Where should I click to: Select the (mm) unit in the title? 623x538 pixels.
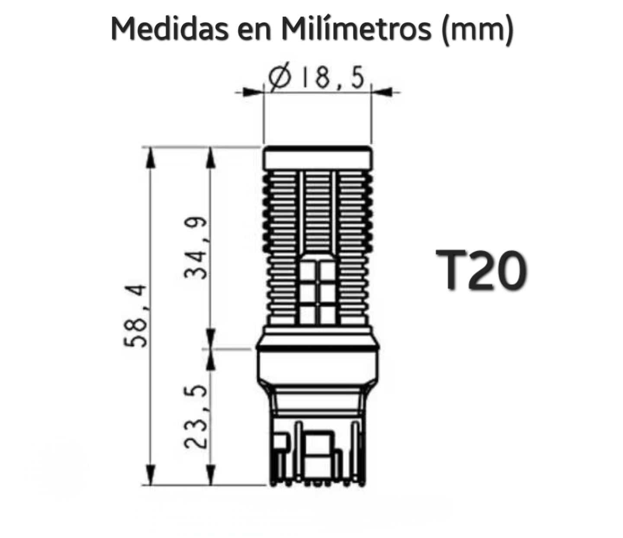pyautogui.click(x=476, y=30)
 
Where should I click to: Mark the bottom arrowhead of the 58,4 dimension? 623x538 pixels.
pyautogui.click(x=150, y=476)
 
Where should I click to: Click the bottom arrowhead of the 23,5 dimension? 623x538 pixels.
pyautogui.click(x=211, y=476)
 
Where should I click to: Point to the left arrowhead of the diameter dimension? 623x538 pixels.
pyautogui.click(x=251, y=92)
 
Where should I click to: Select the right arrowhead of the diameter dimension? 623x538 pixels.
pyautogui.click(x=383, y=92)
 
